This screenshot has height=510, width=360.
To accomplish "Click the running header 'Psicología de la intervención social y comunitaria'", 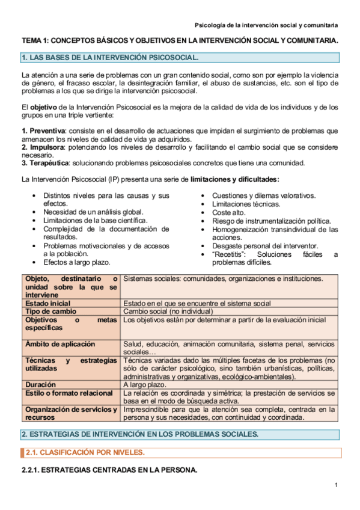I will click(266, 25).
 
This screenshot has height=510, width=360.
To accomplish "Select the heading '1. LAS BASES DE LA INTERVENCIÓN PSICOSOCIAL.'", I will click(110, 58).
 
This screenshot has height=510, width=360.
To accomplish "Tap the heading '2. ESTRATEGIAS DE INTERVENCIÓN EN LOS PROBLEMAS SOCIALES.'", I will click(140, 434).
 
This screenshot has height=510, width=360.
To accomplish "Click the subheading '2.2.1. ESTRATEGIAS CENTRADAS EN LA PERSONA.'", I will click(109, 470).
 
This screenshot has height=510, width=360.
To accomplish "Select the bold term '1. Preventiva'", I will click(43, 131).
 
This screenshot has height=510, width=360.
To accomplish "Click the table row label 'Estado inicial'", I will click(48, 304).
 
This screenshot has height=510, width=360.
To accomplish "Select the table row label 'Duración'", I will click(41, 384).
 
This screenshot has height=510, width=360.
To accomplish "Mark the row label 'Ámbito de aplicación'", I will click(60, 344).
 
